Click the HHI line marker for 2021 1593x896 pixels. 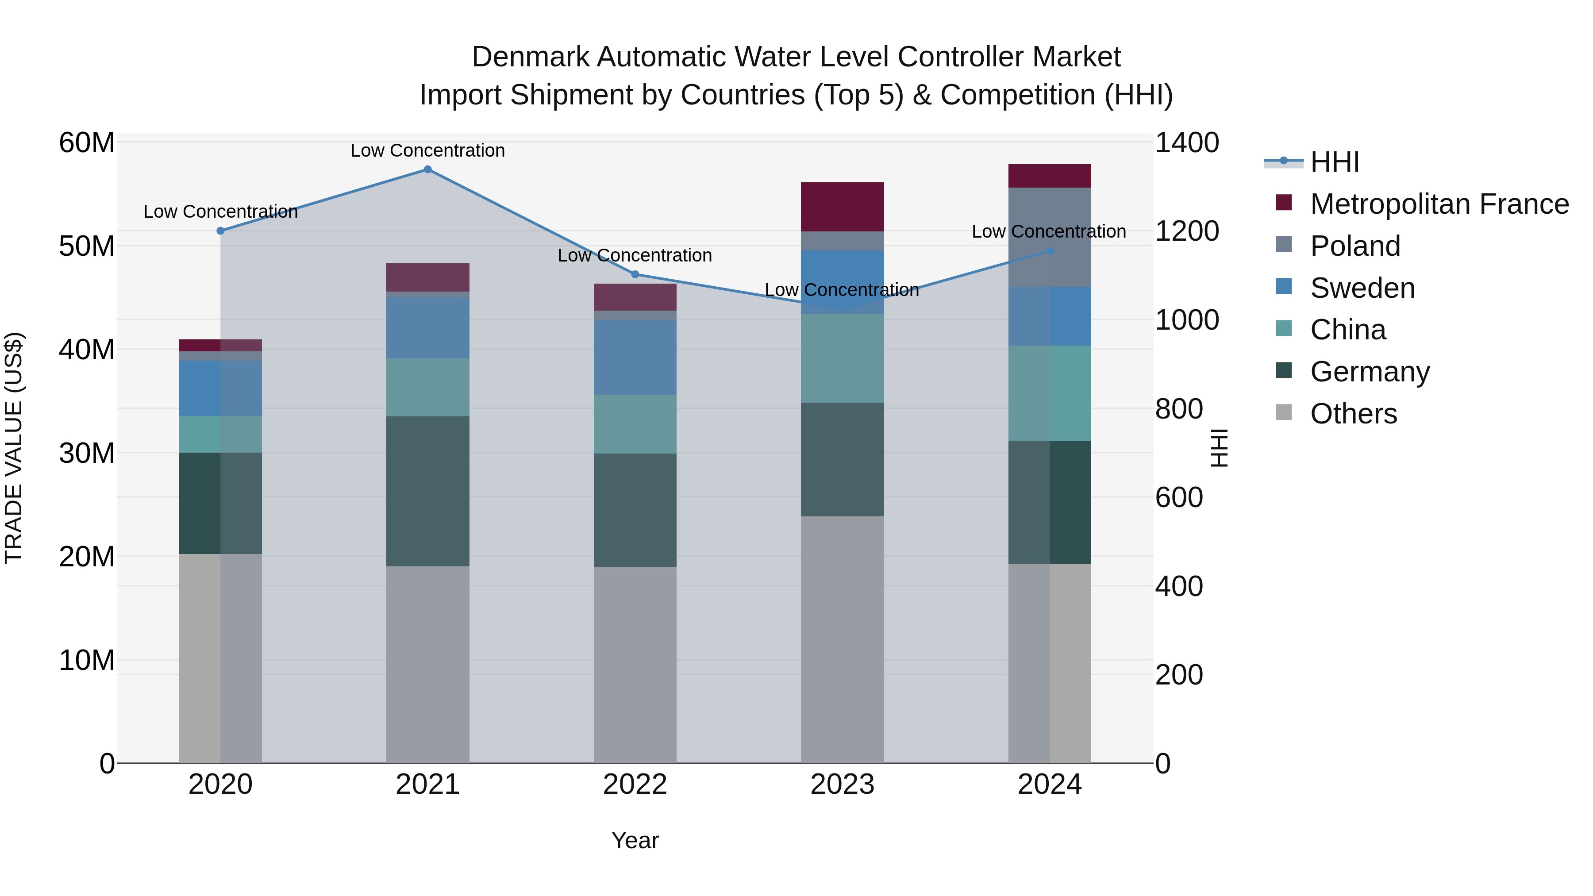pos(427,169)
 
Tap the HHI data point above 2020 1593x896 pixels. pos(220,231)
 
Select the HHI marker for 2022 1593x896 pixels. pos(635,274)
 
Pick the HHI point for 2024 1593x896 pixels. pos(1050,251)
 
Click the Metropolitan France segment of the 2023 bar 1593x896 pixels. pos(842,207)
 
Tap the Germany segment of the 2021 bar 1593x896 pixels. pos(427,491)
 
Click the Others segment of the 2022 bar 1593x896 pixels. pos(635,664)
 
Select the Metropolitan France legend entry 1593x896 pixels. pos(1439,204)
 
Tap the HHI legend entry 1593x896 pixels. pos(1335,162)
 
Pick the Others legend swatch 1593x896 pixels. pos(1284,412)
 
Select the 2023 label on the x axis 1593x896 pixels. pos(842,784)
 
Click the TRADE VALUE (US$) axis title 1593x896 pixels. pos(14,448)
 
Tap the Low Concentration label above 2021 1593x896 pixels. pos(427,150)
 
